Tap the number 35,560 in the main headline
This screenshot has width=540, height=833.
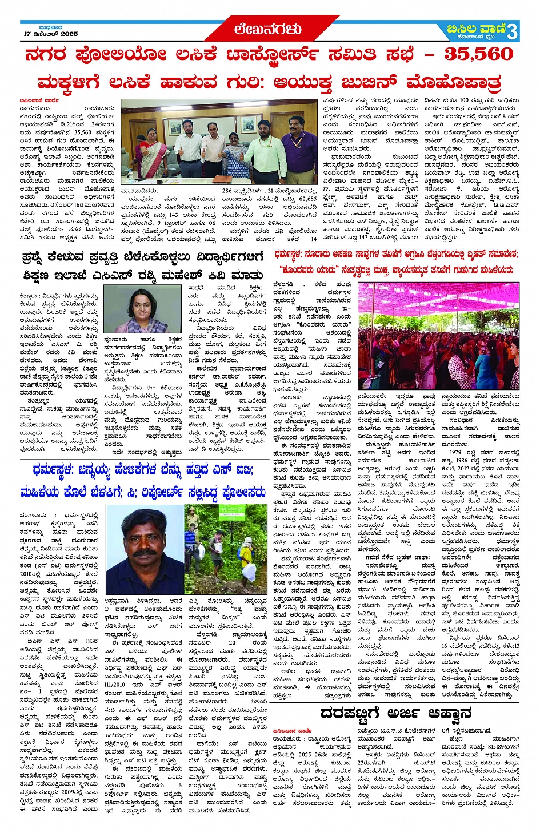(478, 54)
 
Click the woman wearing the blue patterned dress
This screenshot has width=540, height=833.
(233, 149)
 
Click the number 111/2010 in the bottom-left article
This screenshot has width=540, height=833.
(114, 685)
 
